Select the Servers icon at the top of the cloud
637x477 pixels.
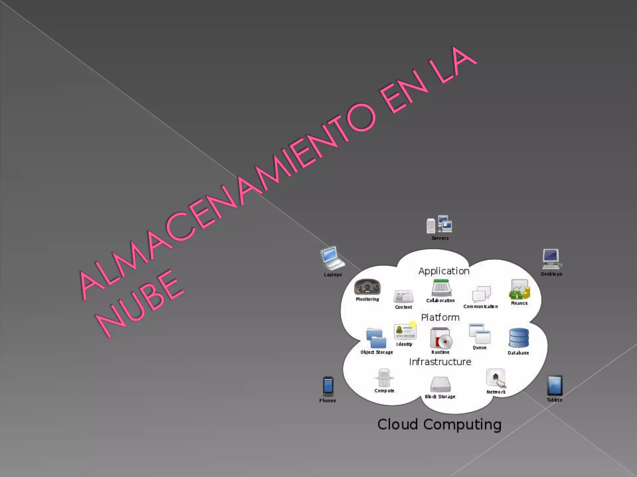coord(439,224)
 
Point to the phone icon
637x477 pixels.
coord(328,386)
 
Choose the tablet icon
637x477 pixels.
coord(555,385)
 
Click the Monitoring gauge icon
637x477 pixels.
coord(367,287)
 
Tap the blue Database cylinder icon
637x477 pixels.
coord(518,338)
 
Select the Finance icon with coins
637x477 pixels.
coord(519,289)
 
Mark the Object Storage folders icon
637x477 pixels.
coord(376,338)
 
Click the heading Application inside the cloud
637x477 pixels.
coord(444,271)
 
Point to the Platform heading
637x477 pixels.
coord(440,317)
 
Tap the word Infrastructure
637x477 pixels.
coord(440,362)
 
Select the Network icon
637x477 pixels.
coord(496,378)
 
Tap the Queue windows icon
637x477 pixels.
coord(479,334)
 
